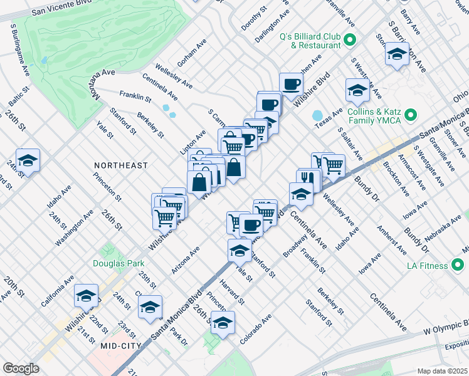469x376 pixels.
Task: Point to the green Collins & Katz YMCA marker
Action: pyautogui.click(x=411, y=115)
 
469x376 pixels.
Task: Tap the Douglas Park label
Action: pyautogui.click(x=119, y=264)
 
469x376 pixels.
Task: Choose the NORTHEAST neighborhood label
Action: pyautogui.click(x=121, y=165)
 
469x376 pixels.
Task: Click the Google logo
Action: pyautogui.click(x=21, y=368)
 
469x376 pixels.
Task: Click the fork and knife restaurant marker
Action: pyautogui.click(x=308, y=179)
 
